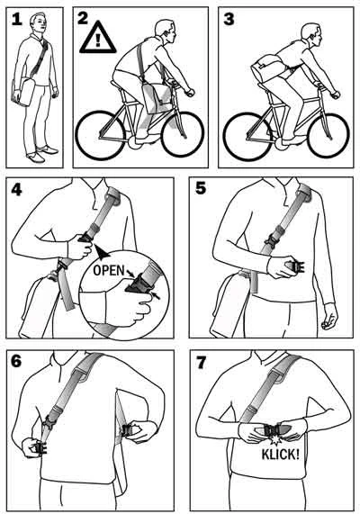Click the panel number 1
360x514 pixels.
(x=17, y=19)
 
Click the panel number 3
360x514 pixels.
(x=229, y=19)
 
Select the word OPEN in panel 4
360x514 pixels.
(x=109, y=270)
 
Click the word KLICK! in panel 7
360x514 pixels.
(x=280, y=455)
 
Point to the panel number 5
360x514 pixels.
(x=201, y=188)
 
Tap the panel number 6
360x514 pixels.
(x=16, y=361)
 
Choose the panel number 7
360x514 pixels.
(x=201, y=362)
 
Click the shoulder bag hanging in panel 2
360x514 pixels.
(x=157, y=97)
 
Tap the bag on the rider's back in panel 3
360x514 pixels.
(x=267, y=68)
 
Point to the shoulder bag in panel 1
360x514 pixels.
(x=23, y=91)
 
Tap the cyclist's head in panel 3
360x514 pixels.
(x=311, y=34)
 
